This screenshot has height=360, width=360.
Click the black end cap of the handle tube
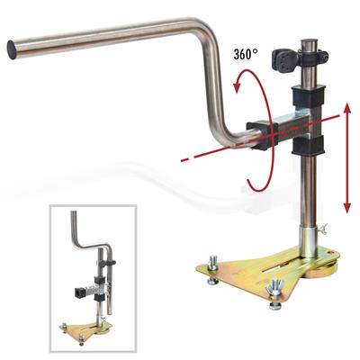[x=13, y=50]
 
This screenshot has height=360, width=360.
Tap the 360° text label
[x=245, y=54]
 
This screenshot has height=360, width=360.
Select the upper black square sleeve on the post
[x=309, y=94]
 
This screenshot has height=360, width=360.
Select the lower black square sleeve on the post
[x=309, y=145]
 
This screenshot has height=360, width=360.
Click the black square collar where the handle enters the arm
[x=258, y=135]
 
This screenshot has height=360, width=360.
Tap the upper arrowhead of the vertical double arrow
[x=347, y=108]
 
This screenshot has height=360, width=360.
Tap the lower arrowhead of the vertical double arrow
[x=347, y=208]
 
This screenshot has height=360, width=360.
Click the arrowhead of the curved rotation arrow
[x=238, y=85]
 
